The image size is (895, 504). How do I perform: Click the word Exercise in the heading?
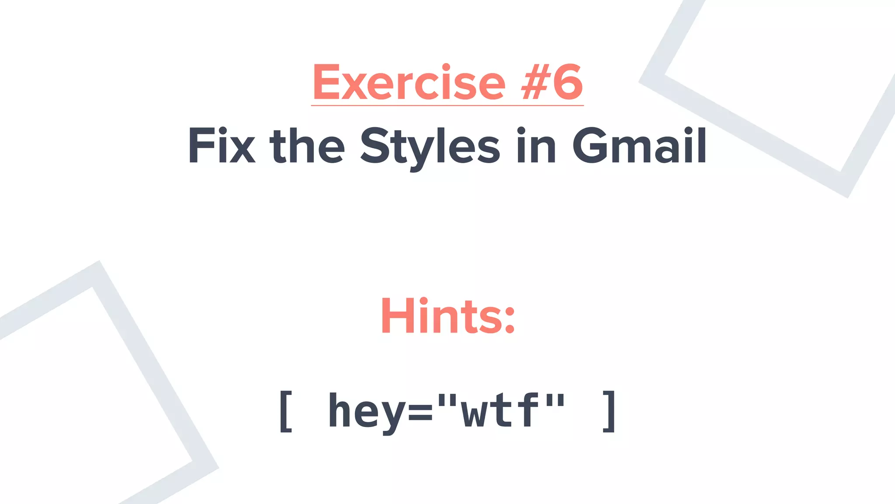(x=409, y=82)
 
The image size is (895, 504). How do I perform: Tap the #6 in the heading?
(x=552, y=82)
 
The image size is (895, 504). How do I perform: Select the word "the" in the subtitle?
(x=307, y=146)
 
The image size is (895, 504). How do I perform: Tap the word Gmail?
(x=639, y=146)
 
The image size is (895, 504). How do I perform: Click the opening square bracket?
(x=285, y=411)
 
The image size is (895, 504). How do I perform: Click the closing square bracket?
(x=610, y=411)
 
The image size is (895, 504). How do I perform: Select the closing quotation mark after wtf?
(x=555, y=400)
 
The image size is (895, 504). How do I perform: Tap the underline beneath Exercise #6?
(x=447, y=105)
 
